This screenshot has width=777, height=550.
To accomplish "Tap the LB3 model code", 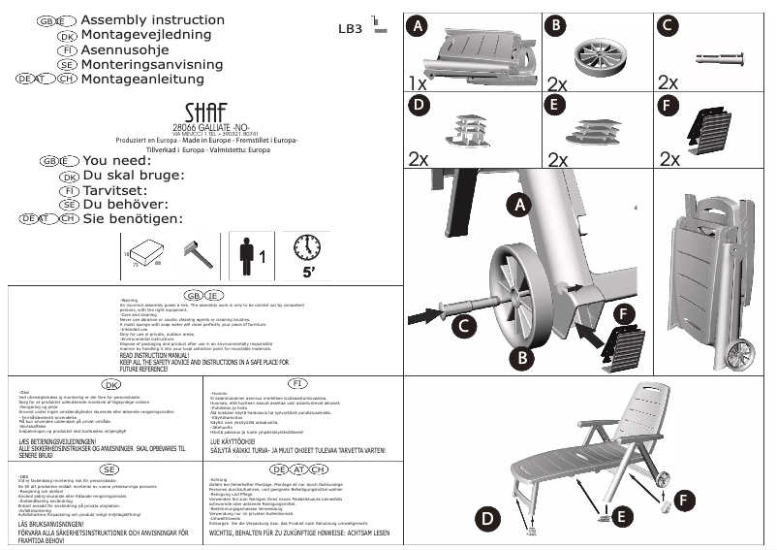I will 350,29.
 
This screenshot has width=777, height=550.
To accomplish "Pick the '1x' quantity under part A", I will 417,83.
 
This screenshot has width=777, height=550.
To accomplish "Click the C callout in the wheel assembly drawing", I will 465,326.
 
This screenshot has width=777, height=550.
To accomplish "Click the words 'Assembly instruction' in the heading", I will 153,20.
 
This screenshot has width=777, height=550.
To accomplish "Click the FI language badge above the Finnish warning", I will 297,384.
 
